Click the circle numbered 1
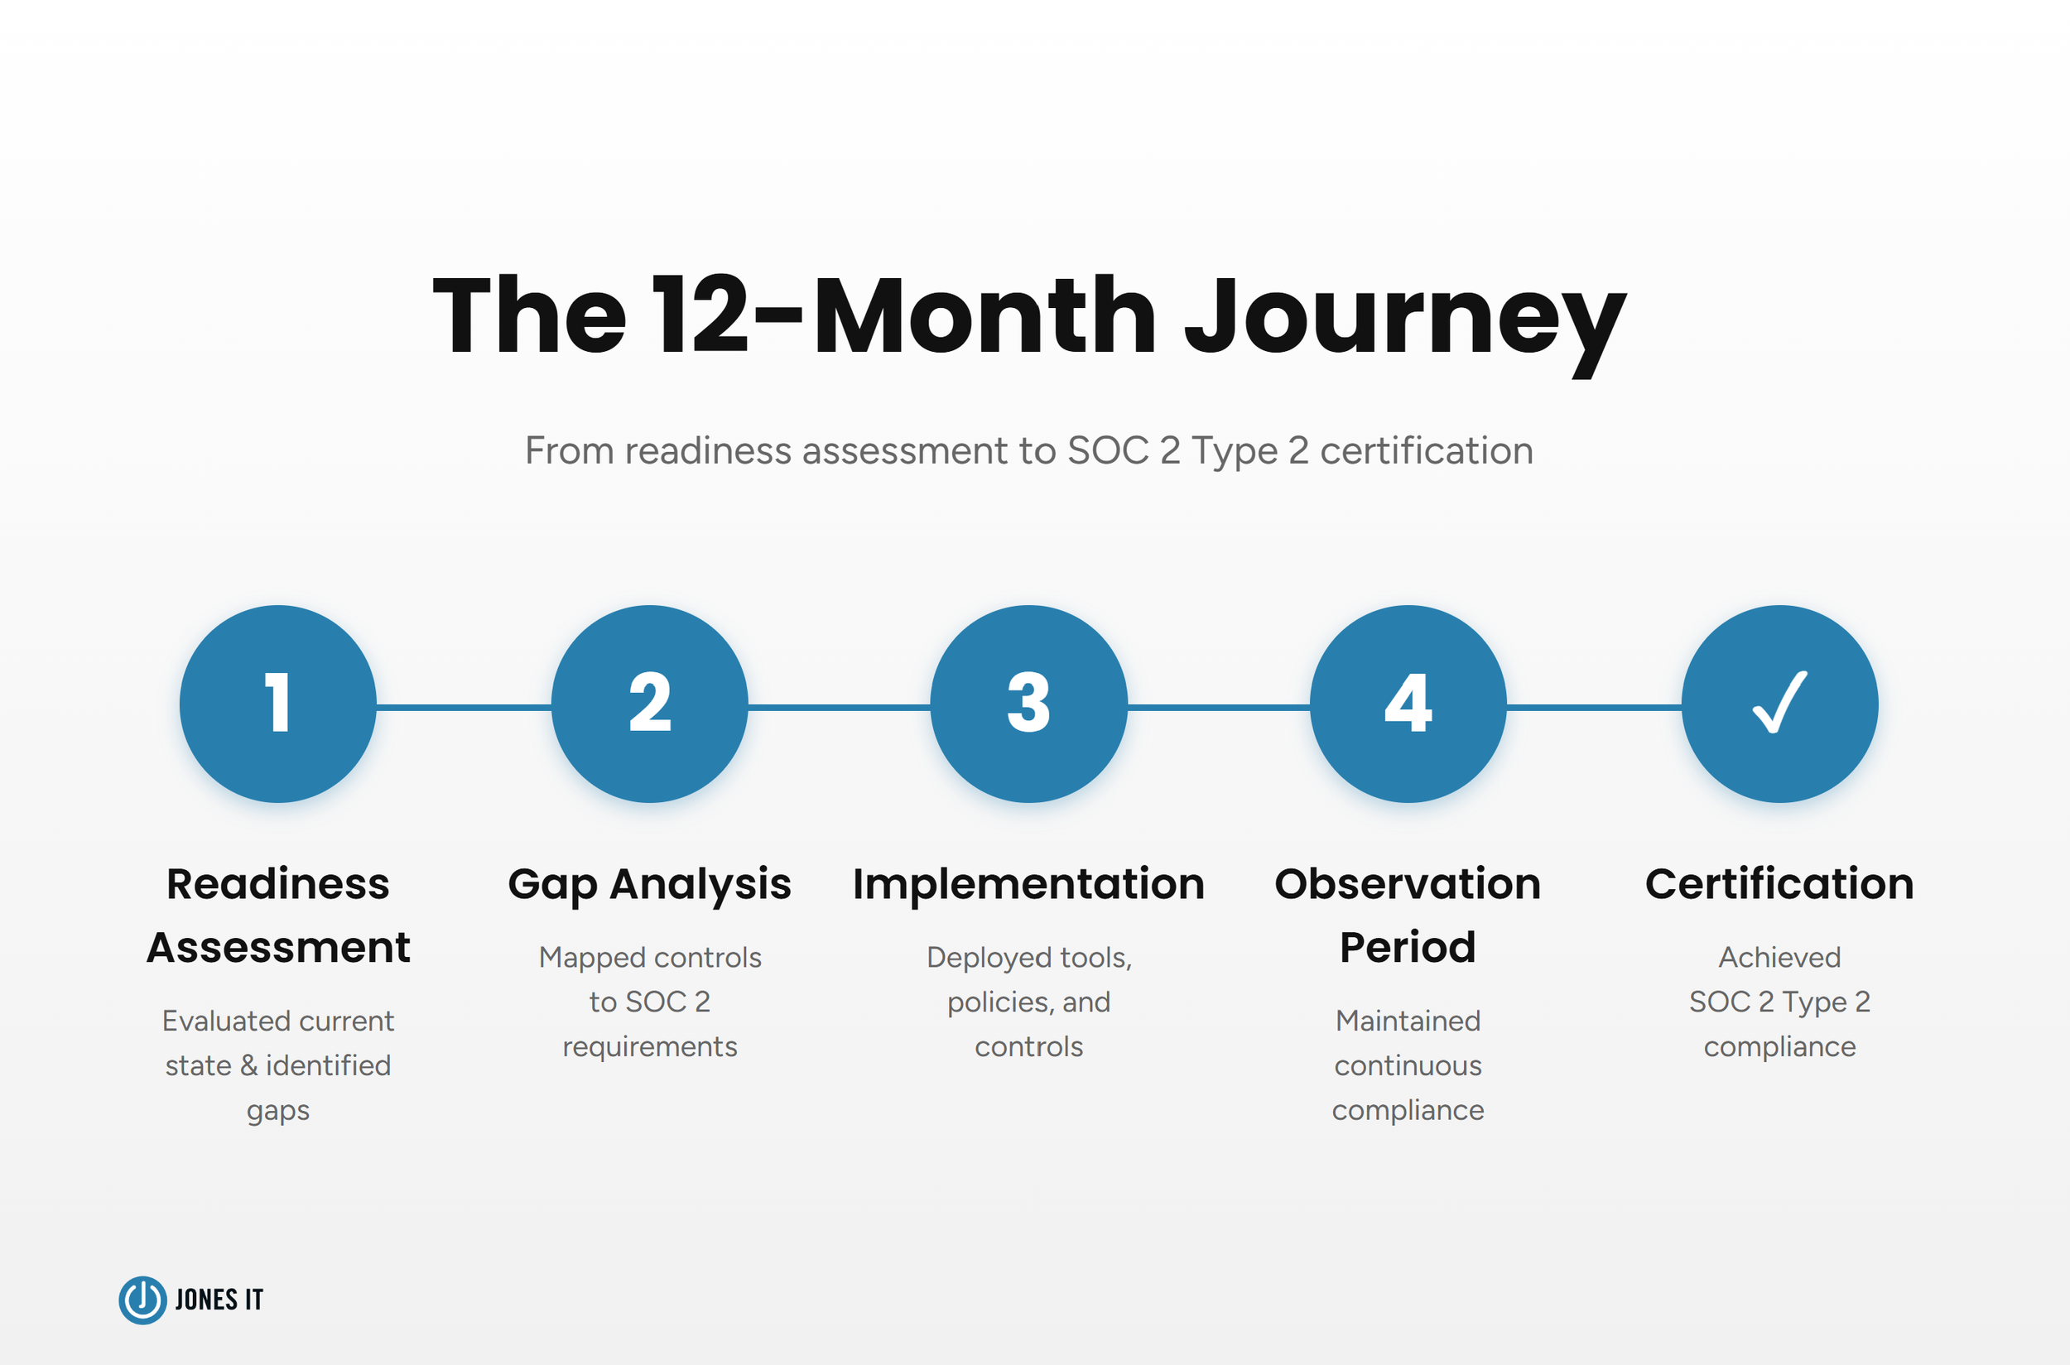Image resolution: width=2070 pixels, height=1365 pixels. (x=278, y=704)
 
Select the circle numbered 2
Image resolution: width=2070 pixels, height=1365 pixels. (x=650, y=704)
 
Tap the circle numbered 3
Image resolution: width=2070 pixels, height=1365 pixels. (x=1028, y=704)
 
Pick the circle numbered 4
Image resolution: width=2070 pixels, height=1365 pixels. (x=1408, y=704)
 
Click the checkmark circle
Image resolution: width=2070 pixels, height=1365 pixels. (x=1779, y=704)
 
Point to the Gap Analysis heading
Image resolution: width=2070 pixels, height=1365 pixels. (x=650, y=884)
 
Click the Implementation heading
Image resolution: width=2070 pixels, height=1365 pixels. (x=1028, y=884)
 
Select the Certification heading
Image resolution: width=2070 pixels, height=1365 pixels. (x=1779, y=884)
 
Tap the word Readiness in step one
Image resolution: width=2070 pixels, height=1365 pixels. (x=278, y=884)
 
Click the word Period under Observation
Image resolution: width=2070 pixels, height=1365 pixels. (x=1408, y=947)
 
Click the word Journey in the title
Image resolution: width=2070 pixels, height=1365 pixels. (x=1404, y=318)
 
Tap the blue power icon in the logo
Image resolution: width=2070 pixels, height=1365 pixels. (x=142, y=1300)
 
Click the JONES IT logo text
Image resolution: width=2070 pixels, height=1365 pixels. (x=219, y=1300)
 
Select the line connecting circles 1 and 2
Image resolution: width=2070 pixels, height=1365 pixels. (x=464, y=708)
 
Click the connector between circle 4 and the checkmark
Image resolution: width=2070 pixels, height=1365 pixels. (x=1594, y=708)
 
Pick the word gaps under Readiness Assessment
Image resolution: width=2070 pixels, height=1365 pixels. (x=278, y=1112)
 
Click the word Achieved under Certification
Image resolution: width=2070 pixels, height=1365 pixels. (x=1779, y=958)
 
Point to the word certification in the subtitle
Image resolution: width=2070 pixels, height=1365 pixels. (x=1426, y=451)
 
